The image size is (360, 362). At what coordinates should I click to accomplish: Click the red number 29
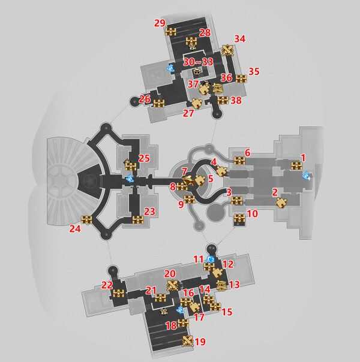160,23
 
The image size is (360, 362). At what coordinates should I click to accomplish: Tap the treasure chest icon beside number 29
171,31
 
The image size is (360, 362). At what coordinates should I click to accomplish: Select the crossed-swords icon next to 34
227,50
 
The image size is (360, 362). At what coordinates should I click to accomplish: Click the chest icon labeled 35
241,79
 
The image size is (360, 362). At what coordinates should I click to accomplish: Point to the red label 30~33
198,62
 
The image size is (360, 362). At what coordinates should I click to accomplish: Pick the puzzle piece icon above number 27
197,103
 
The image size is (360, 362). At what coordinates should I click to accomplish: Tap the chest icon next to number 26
159,103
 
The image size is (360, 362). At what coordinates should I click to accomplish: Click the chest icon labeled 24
86,219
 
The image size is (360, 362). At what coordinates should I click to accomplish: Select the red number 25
144,158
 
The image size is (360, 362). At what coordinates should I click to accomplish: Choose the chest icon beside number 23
138,219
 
